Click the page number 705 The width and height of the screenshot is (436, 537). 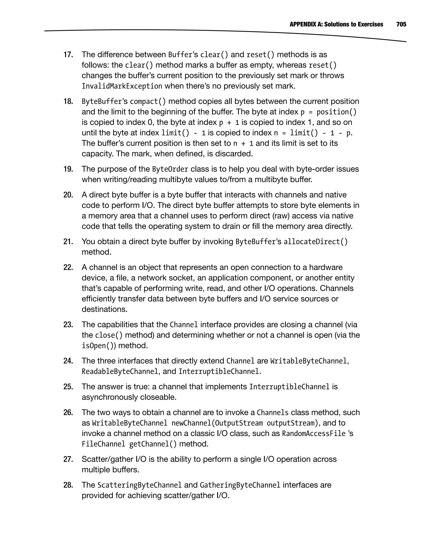coord(401,24)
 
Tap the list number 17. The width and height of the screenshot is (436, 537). coord(68,55)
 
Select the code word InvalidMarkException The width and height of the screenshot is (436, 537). coord(122,86)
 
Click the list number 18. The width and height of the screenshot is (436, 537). coord(68,101)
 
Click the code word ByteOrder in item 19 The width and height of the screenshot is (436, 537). coord(170,169)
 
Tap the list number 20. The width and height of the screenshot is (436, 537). coord(68,195)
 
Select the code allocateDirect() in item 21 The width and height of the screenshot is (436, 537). coord(316,242)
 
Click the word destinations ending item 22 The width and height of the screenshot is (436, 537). coord(105,309)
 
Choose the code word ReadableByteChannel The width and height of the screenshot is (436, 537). coord(120,372)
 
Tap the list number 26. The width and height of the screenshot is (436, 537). coord(68,413)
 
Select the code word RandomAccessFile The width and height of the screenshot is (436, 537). coord(314,434)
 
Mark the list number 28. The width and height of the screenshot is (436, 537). coord(68,485)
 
